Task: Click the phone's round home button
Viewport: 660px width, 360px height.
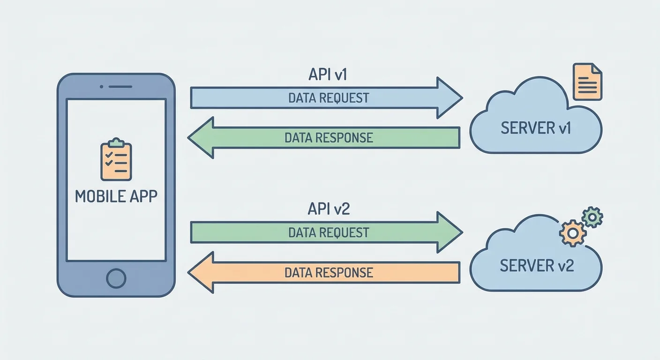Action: (116, 278)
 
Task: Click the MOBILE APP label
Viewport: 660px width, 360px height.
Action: (116, 196)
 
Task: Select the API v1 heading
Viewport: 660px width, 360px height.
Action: (329, 75)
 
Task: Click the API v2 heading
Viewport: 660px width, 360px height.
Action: (329, 209)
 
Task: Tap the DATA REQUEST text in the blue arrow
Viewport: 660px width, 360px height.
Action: (329, 98)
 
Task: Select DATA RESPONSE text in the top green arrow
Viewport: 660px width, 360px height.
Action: (329, 138)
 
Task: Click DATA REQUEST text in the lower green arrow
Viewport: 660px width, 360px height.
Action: (329, 232)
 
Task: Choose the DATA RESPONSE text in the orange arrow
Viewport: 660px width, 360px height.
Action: (329, 272)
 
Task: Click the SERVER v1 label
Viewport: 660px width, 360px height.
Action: (536, 128)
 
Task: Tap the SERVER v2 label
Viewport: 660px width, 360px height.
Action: (537, 266)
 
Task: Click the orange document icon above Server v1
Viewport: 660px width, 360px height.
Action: (588, 82)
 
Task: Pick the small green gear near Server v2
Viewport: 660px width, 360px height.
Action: (592, 217)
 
